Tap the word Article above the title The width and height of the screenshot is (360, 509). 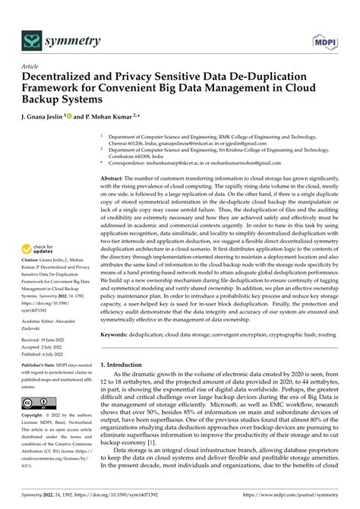click(32, 67)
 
